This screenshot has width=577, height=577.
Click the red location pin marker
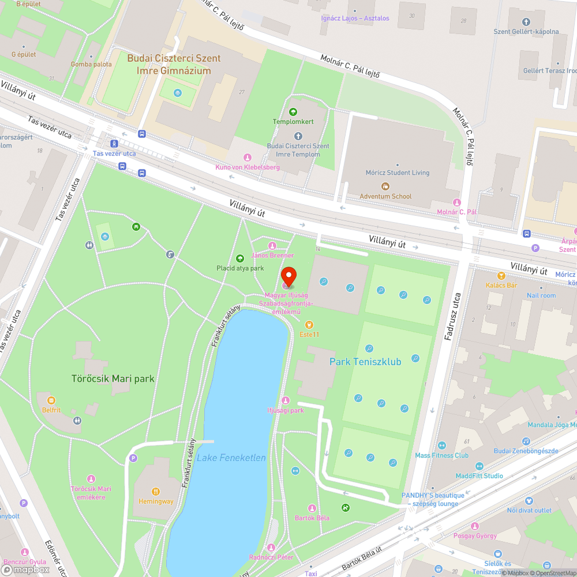pyautogui.click(x=288, y=277)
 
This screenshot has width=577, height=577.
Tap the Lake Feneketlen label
pyautogui.click(x=231, y=458)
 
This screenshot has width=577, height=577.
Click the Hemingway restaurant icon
pyautogui.click(x=155, y=491)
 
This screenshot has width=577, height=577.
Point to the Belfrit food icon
pyautogui.click(x=51, y=400)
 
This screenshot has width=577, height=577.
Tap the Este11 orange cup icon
pyautogui.click(x=309, y=325)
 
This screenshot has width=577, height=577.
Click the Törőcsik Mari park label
pyautogui.click(x=113, y=379)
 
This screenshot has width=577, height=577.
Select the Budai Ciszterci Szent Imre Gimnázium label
pyautogui.click(x=174, y=65)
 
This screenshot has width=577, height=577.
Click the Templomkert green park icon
pyautogui.click(x=293, y=111)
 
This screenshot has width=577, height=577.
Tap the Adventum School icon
pyautogui.click(x=385, y=186)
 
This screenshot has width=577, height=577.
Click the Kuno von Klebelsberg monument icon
pyautogui.click(x=248, y=157)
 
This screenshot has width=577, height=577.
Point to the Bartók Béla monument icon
pyautogui.click(x=312, y=508)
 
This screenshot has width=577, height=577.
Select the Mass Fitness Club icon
pyautogui.click(x=442, y=445)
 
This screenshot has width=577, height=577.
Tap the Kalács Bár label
pyautogui.click(x=501, y=285)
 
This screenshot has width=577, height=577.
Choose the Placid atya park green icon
pyautogui.click(x=240, y=258)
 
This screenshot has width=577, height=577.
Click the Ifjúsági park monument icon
pyautogui.click(x=285, y=400)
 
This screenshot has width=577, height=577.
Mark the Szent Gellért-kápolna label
pyautogui.click(x=526, y=32)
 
